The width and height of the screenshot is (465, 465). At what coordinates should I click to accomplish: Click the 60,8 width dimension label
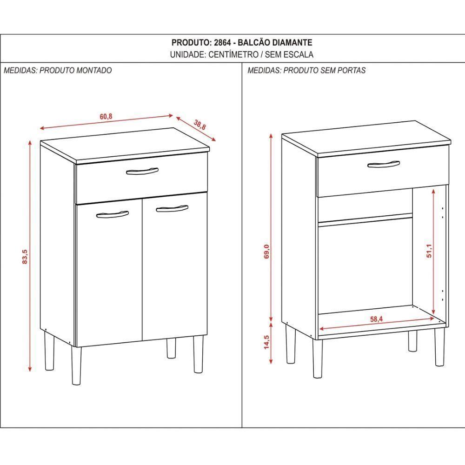click(106, 117)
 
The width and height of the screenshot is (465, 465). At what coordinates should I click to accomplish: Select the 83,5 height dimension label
click(25, 256)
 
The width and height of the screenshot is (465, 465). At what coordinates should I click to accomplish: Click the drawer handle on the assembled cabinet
click(142, 171)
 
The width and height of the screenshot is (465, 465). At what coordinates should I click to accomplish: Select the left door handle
click(112, 214)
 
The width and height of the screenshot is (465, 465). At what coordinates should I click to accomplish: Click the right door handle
click(172, 209)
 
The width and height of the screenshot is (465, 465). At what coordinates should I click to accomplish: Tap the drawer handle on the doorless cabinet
click(384, 164)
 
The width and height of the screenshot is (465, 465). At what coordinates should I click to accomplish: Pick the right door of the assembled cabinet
click(174, 270)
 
